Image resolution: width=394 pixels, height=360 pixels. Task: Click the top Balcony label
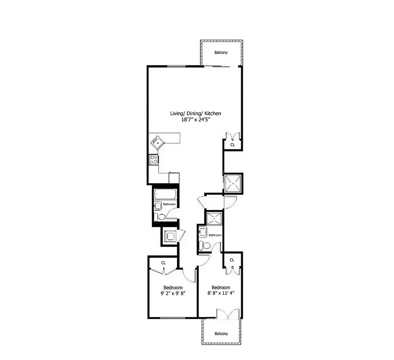click(221, 53)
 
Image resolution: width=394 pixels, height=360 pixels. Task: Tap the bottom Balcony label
click(221, 334)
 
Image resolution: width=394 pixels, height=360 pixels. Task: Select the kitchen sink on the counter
click(157, 144)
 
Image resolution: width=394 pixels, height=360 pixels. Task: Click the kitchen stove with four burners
click(153, 159)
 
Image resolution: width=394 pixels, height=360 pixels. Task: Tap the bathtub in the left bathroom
click(164, 195)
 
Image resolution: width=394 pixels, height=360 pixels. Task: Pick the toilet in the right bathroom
click(205, 246)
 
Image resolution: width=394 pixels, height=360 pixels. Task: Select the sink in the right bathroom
click(202, 233)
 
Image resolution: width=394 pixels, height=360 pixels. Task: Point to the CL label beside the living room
click(232, 145)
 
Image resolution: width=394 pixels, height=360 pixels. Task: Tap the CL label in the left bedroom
click(163, 263)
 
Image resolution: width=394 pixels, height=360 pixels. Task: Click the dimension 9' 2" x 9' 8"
click(173, 293)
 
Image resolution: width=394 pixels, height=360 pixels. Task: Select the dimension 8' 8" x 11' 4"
click(221, 293)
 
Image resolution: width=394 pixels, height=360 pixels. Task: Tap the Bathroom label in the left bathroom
click(169, 204)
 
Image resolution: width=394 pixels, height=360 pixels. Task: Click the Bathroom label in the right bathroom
click(215, 235)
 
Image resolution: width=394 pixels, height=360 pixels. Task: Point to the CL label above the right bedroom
click(232, 260)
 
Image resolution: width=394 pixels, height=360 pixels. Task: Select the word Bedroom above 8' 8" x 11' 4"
click(221, 288)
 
